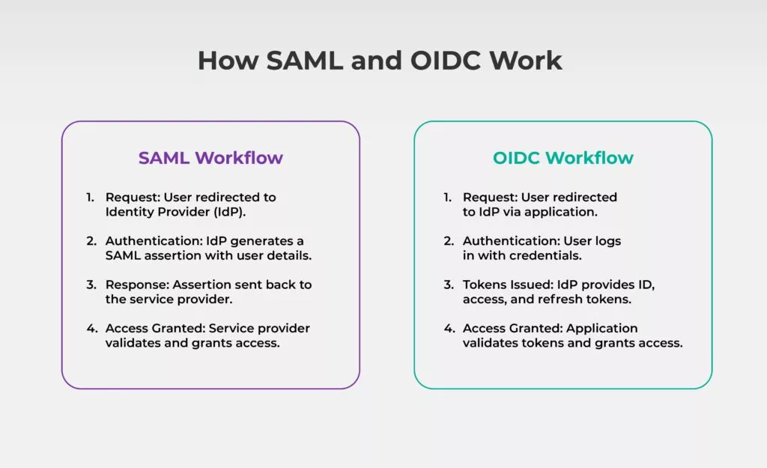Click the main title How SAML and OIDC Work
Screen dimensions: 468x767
coord(380,61)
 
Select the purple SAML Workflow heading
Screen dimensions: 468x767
coord(210,158)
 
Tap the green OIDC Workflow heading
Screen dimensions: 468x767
coord(563,158)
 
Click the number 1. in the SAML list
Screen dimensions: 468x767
coord(90,198)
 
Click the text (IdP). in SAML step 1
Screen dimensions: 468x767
coord(230,212)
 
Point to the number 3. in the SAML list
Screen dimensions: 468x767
coord(90,285)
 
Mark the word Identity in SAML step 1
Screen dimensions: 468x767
coord(128,212)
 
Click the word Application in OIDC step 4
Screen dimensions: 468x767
coord(602,328)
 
